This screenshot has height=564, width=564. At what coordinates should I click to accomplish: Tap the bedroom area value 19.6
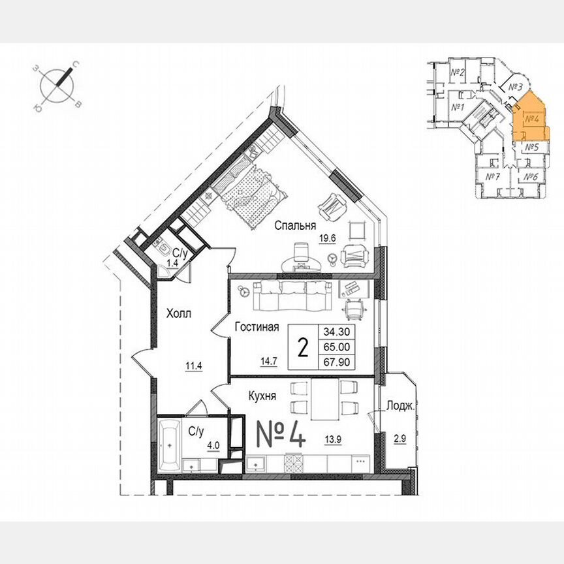coord(327,238)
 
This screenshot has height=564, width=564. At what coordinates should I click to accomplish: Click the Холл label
coord(178,313)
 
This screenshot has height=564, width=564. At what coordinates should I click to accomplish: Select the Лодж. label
coord(400,405)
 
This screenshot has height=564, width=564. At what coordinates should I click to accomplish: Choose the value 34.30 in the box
coord(337,332)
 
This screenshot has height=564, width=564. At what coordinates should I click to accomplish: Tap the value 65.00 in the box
coord(337,347)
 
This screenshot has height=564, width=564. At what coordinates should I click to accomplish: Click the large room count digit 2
coord(303,347)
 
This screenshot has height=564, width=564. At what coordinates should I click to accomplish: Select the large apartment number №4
coord(278,434)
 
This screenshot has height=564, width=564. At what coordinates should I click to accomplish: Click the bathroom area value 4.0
coord(213,446)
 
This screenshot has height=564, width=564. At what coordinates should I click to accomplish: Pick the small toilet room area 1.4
coord(172,262)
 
